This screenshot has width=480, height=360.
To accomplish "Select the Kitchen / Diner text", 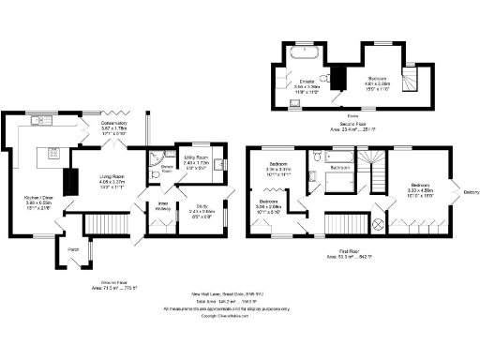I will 38,197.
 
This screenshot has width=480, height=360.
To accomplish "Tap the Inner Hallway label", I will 162,207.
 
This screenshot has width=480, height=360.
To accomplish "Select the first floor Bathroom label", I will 337,168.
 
